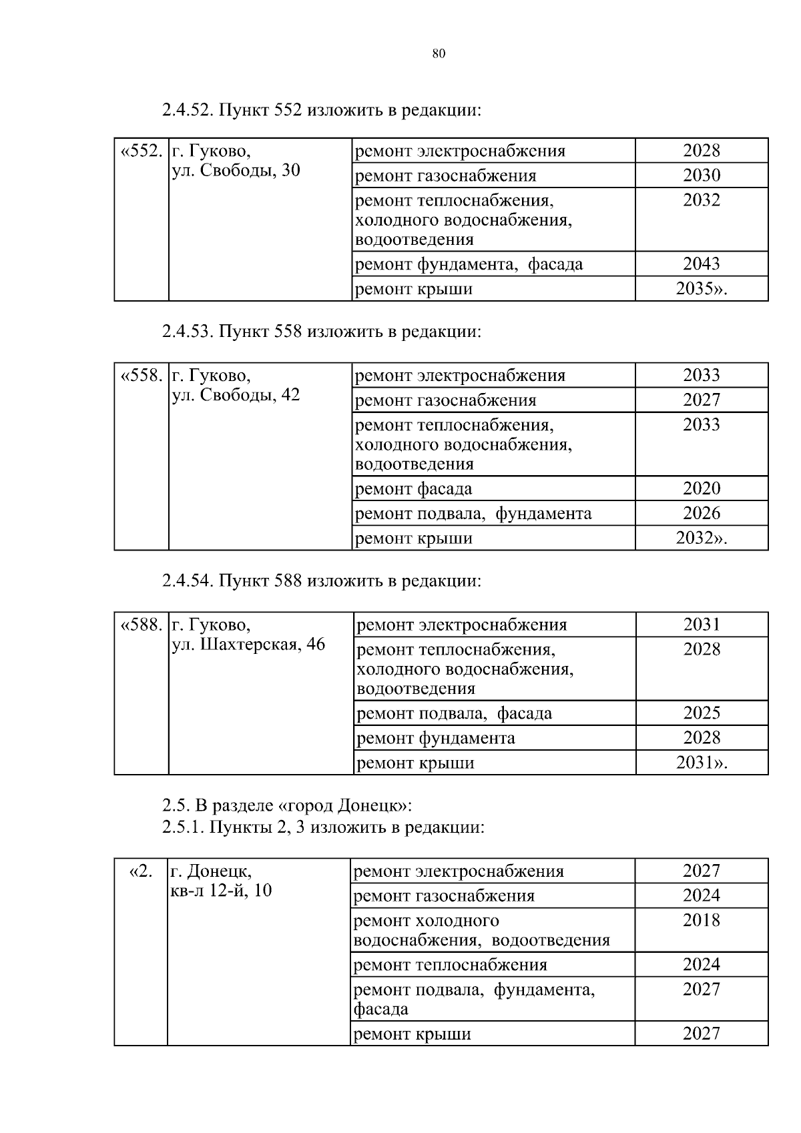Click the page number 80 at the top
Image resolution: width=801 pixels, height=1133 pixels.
[x=439, y=54]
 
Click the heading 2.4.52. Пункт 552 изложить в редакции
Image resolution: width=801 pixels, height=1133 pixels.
[x=321, y=109]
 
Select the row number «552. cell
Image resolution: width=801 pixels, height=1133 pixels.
[x=141, y=151]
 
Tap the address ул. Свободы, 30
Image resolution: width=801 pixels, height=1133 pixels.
[x=236, y=170]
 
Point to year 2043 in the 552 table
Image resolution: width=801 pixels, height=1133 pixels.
[x=701, y=264]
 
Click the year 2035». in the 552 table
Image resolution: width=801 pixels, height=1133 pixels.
[x=701, y=289]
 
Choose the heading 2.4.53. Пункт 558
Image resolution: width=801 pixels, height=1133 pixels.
[x=321, y=331]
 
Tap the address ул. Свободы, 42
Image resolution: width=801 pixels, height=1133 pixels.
[x=236, y=394]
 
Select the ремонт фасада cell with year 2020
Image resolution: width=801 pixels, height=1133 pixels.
[x=414, y=488]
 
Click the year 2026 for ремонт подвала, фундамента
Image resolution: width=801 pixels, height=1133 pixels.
[x=701, y=513]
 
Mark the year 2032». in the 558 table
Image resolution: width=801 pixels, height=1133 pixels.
[x=701, y=538]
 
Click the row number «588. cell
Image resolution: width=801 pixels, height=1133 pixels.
[x=141, y=625]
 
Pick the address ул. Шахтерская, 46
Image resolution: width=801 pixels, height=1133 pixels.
[x=248, y=645]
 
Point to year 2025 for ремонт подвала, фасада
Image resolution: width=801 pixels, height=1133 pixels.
[x=701, y=713]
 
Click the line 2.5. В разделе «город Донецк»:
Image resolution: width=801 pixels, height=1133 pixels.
[x=287, y=805]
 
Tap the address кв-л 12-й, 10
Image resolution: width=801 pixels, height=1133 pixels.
[x=222, y=890]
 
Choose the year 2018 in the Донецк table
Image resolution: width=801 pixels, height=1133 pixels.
[x=701, y=920]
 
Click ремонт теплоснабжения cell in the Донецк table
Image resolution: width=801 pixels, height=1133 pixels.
[x=450, y=964]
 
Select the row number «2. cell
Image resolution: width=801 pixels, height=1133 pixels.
[x=140, y=871]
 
